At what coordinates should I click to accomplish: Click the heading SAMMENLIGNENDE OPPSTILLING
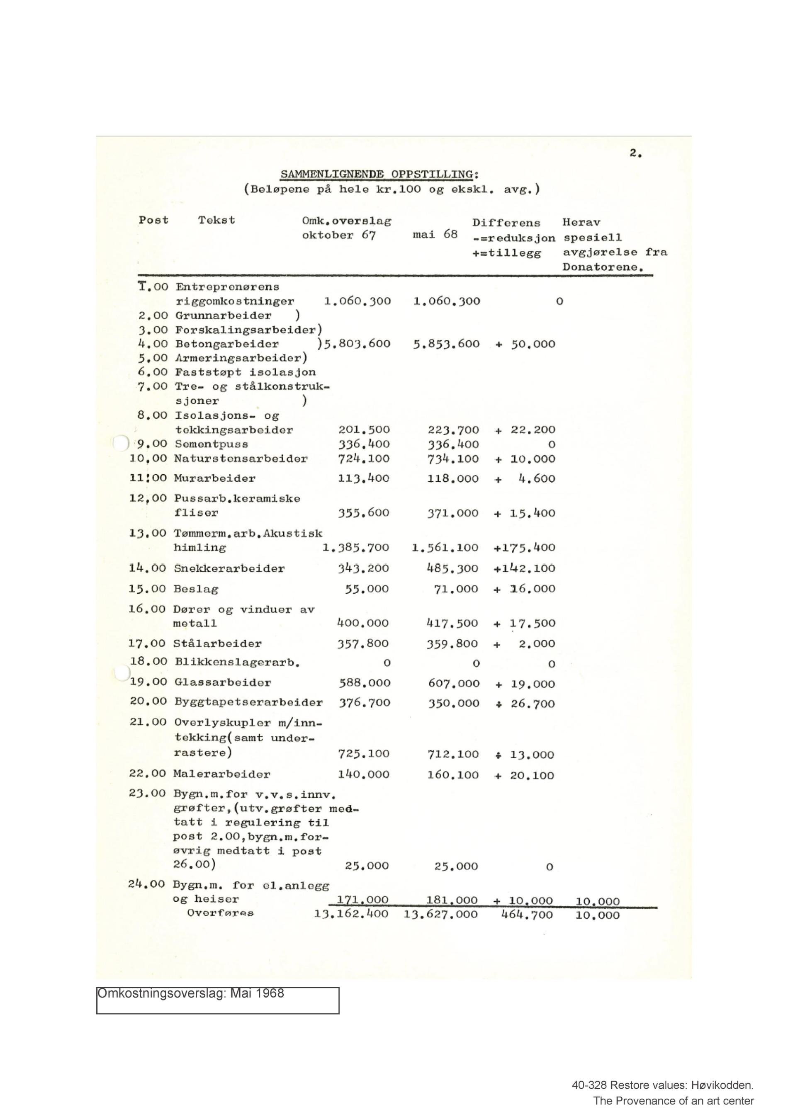click(379, 174)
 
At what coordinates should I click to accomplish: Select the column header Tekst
click(216, 220)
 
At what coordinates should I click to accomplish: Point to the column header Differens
click(506, 223)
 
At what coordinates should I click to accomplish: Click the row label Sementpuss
click(212, 444)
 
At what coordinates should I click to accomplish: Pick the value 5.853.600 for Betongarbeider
click(446, 344)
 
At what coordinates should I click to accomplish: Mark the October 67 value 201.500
click(364, 430)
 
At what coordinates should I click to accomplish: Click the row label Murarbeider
click(214, 478)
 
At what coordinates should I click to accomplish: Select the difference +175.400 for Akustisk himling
click(525, 548)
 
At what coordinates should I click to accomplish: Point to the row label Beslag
click(196, 589)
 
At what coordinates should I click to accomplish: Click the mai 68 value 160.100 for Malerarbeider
click(453, 775)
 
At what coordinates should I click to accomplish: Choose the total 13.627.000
click(440, 915)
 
